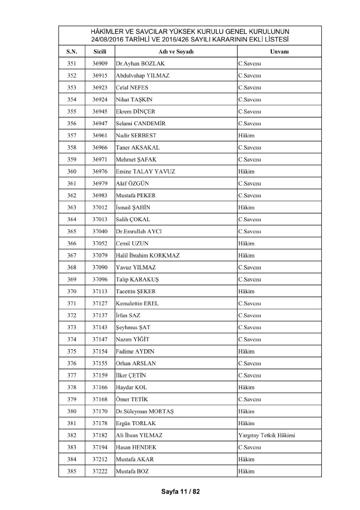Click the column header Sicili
(x=100, y=51)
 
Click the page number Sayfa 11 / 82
(x=180, y=491)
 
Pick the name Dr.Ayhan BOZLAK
(x=141, y=64)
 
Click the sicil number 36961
(x=100, y=135)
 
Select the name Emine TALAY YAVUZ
(x=146, y=171)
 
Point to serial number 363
(x=71, y=207)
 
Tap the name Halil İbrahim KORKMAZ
(x=148, y=255)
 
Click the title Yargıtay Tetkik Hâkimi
(x=266, y=435)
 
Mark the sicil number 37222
(x=100, y=471)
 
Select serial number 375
(x=71, y=351)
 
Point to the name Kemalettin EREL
(x=137, y=303)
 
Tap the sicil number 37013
(x=100, y=220)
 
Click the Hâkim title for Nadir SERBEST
(x=245, y=135)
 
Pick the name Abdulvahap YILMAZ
(x=143, y=75)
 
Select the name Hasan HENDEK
(x=136, y=447)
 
